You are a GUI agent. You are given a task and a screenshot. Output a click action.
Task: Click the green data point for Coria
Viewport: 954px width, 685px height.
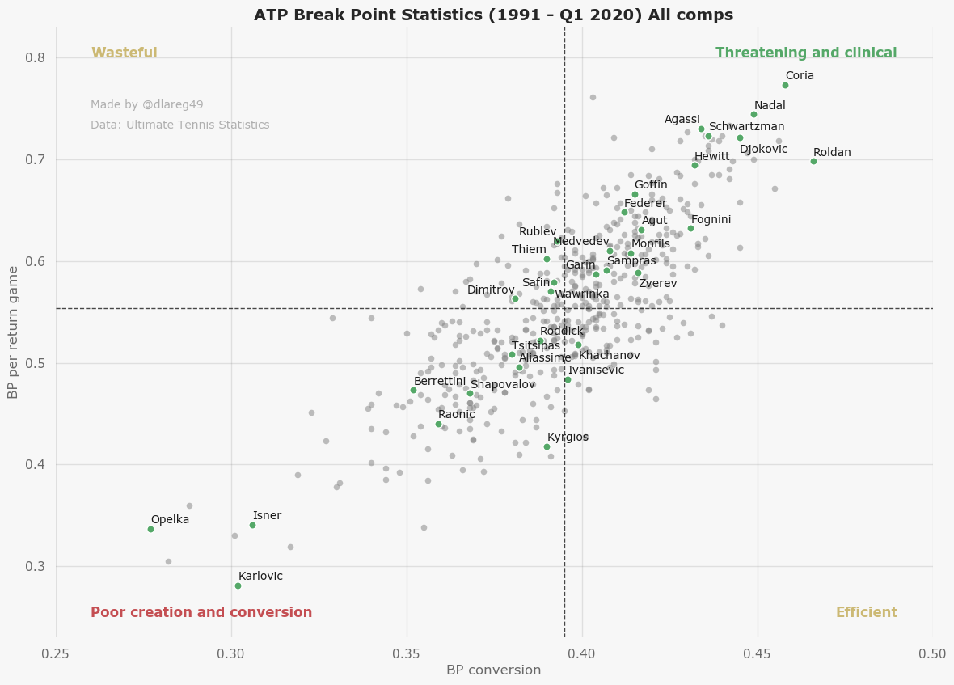785,85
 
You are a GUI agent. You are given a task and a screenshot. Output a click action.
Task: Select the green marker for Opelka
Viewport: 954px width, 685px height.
150,529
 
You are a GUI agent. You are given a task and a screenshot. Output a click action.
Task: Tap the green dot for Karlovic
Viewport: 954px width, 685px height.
238,586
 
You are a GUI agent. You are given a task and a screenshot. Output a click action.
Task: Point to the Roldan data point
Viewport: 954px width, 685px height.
813,161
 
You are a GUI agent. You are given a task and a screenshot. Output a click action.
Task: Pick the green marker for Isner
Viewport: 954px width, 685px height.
252,525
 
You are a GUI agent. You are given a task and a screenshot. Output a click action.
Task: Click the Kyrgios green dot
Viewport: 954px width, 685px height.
547,446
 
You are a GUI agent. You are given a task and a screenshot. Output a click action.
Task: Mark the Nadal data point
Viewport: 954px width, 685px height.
753,114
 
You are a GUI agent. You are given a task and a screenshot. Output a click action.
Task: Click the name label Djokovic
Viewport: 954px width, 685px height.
763,150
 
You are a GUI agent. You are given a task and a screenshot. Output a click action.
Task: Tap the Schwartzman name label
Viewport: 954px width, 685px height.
746,127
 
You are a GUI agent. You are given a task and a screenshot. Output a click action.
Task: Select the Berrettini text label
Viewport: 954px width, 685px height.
440,382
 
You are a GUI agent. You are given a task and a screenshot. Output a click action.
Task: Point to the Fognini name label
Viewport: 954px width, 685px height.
711,220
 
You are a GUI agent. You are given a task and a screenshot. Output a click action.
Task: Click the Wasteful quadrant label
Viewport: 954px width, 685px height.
125,53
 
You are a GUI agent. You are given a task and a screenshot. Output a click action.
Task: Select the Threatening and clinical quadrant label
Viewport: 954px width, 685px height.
806,53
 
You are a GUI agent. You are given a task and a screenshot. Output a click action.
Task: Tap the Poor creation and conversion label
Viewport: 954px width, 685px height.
201,613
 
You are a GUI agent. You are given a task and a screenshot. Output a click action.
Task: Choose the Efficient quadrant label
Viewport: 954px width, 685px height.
866,613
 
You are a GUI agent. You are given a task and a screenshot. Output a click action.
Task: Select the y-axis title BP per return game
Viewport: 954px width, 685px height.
14,332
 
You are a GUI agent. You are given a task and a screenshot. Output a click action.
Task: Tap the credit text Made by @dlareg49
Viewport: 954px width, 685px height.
147,105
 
